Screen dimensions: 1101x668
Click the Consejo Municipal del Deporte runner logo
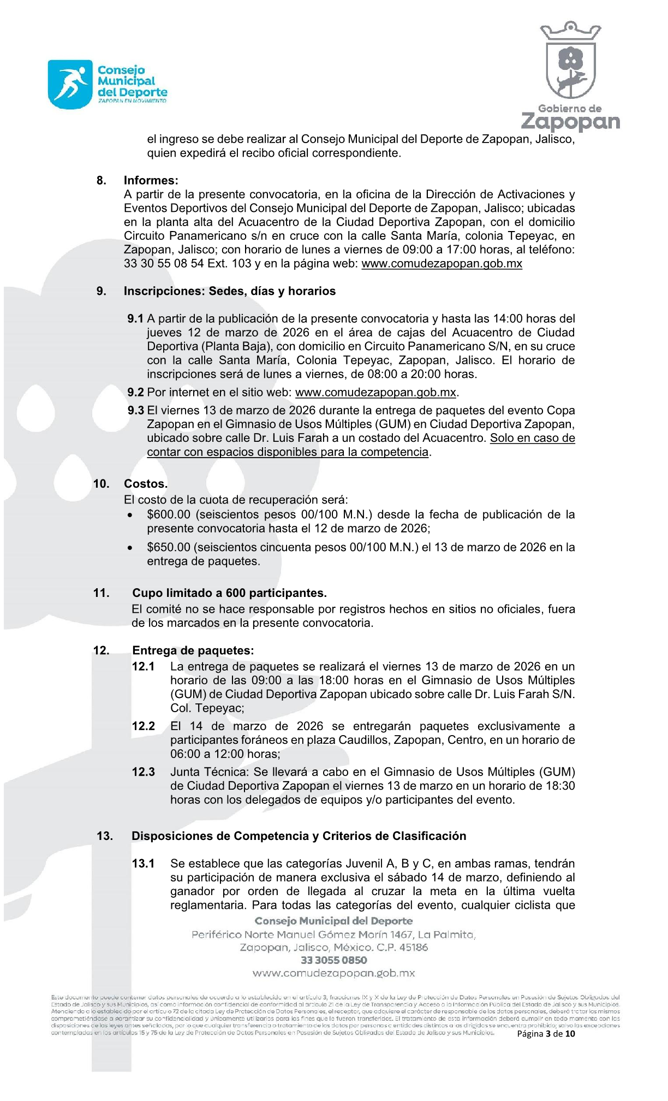[x=70, y=84]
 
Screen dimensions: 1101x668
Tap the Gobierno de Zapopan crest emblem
[x=571, y=62]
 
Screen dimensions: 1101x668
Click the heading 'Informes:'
[x=151, y=181]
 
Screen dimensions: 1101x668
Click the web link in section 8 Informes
[x=442, y=264]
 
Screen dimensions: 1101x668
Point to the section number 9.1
[x=135, y=319]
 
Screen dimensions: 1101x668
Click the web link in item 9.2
[x=375, y=393]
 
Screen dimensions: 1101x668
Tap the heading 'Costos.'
[x=146, y=484]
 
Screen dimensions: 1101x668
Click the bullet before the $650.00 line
[x=129, y=548]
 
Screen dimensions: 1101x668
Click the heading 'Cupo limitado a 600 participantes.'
[x=229, y=593]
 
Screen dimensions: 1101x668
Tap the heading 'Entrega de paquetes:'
[x=193, y=650]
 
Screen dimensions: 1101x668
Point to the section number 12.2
[x=144, y=726]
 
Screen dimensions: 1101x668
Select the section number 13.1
[x=144, y=864]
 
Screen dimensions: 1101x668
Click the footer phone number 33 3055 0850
[x=333, y=960]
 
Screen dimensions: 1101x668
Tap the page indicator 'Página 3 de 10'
[x=546, y=1033]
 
